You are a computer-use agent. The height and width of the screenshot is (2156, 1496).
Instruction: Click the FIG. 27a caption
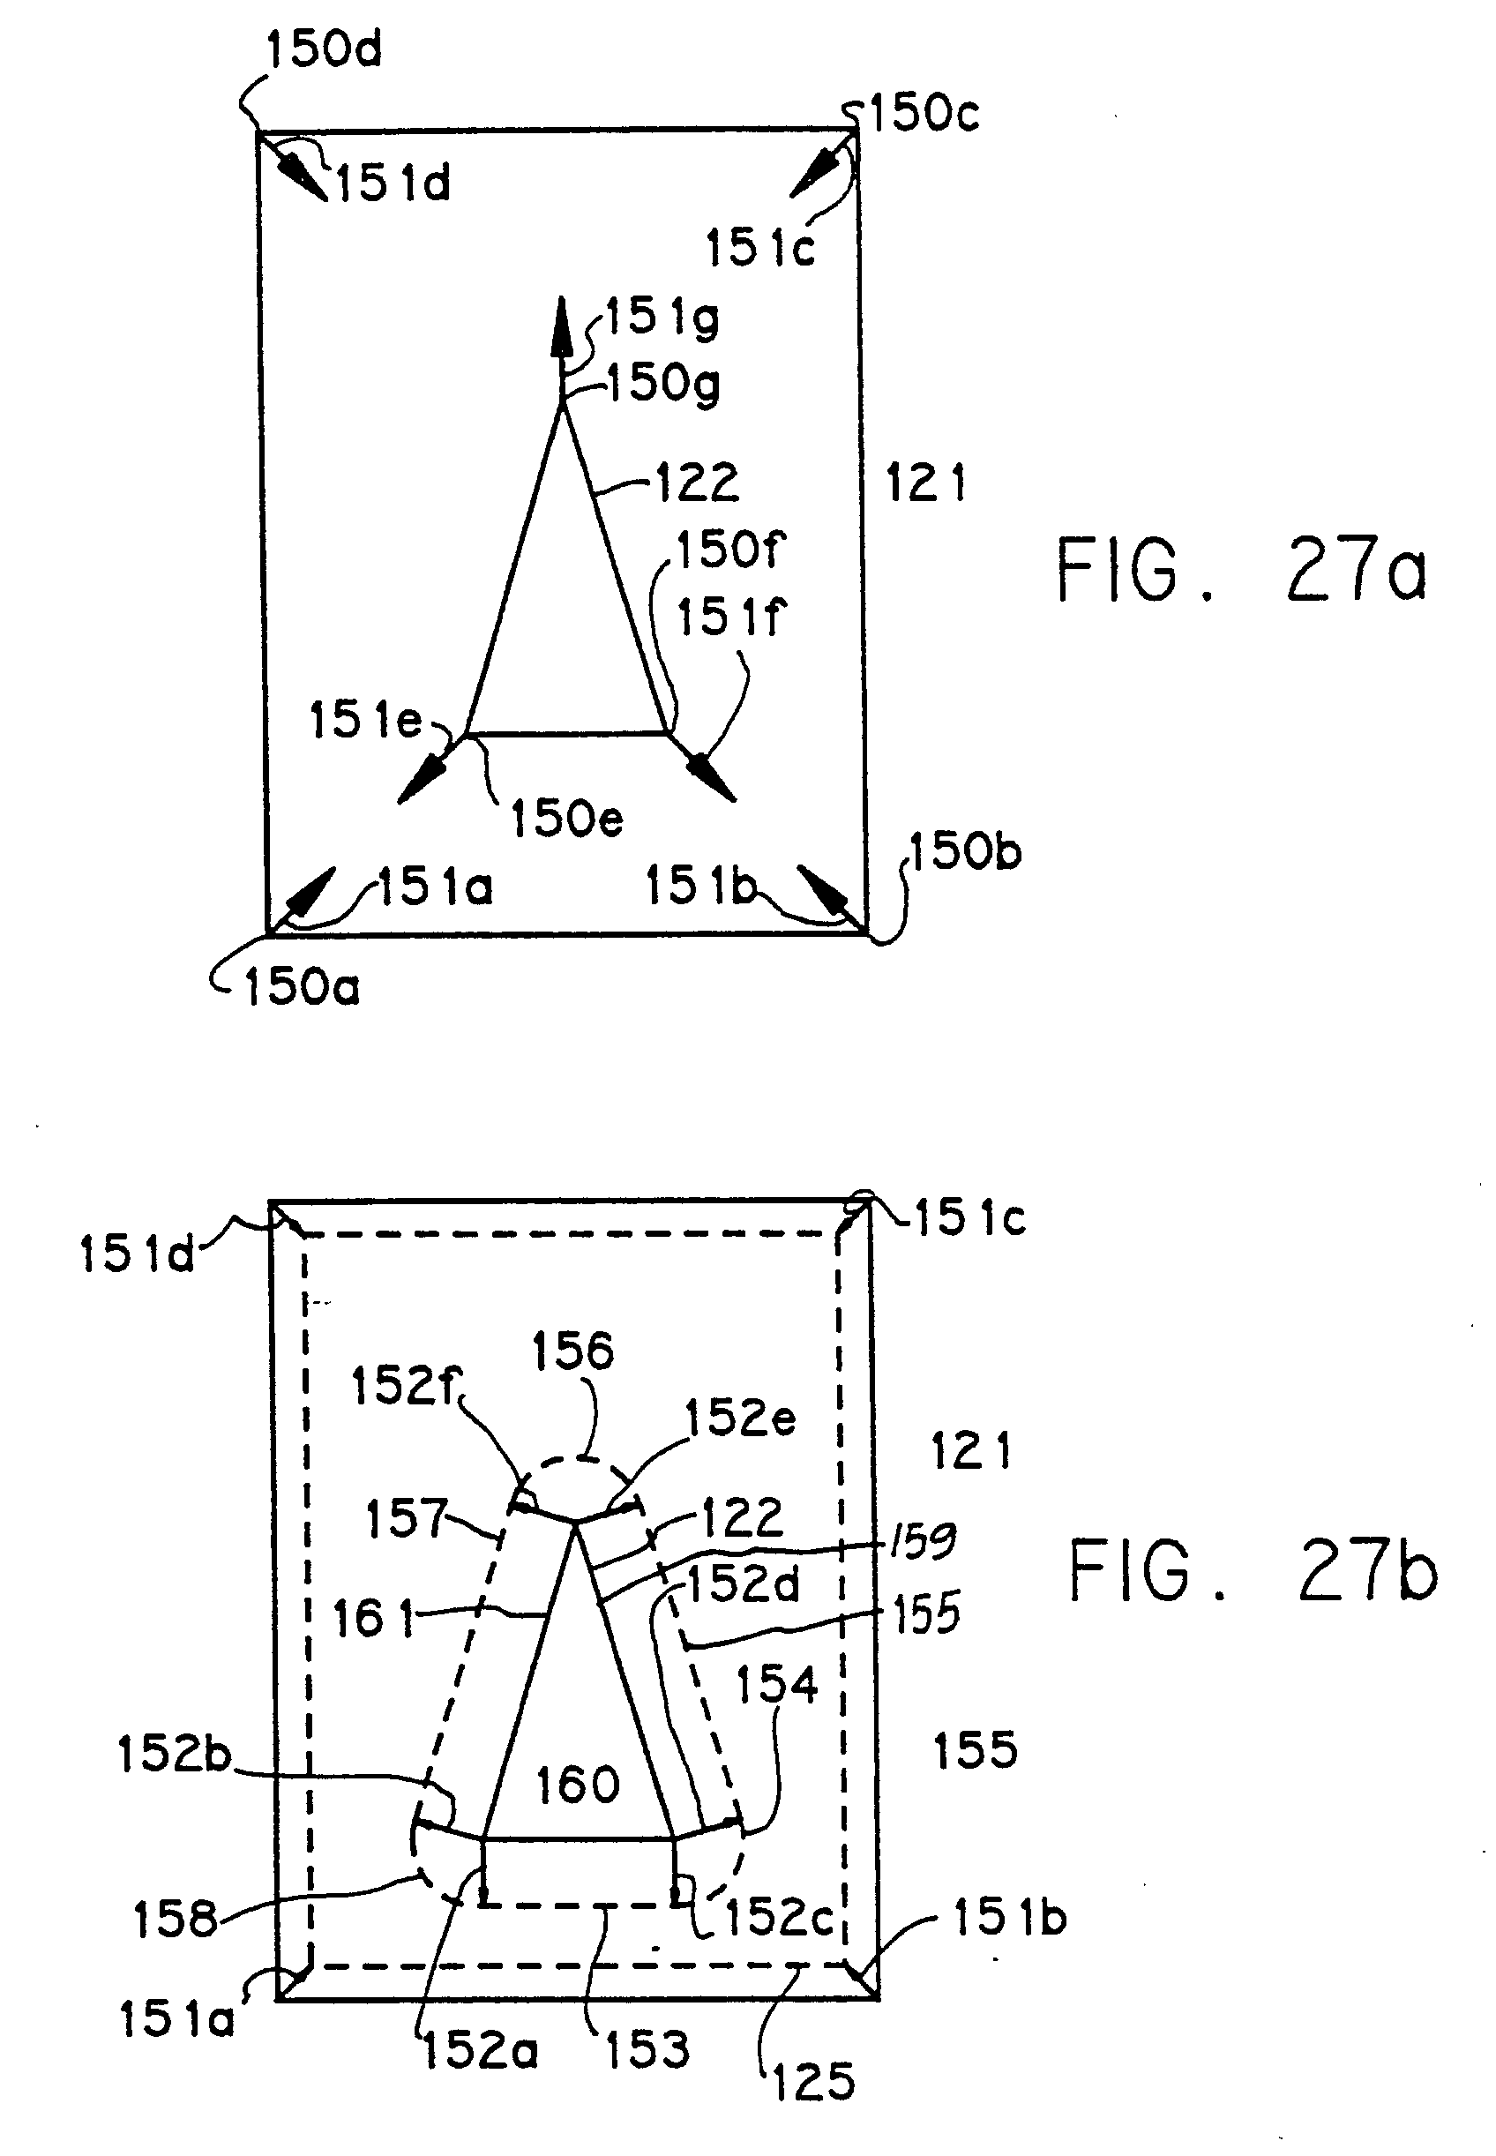pyautogui.click(x=1241, y=569)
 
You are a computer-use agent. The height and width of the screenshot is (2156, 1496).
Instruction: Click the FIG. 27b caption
pyautogui.click(x=1253, y=1571)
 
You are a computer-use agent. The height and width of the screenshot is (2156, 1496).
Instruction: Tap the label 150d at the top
pyautogui.click(x=325, y=49)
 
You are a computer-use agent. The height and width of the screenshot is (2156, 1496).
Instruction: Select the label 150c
pyautogui.click(x=924, y=114)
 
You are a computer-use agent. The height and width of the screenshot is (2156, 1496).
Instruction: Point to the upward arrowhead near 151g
pyautogui.click(x=562, y=326)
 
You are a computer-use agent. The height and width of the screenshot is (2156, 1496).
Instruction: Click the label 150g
pyautogui.click(x=663, y=384)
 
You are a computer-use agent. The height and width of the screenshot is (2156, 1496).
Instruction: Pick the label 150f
pyautogui.click(x=730, y=550)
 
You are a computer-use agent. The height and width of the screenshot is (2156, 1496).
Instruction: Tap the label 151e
pyautogui.click(x=365, y=720)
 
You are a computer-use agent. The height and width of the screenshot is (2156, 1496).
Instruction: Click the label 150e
pyautogui.click(x=566, y=818)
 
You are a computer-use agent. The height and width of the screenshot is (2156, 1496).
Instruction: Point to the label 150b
pyautogui.click(x=966, y=851)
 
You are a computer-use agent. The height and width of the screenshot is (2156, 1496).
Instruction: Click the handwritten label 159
pyautogui.click(x=923, y=1542)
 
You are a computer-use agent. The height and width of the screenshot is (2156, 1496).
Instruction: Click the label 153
pyautogui.click(x=647, y=2049)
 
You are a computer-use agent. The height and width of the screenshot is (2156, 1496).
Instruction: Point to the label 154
pyautogui.click(x=776, y=1685)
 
